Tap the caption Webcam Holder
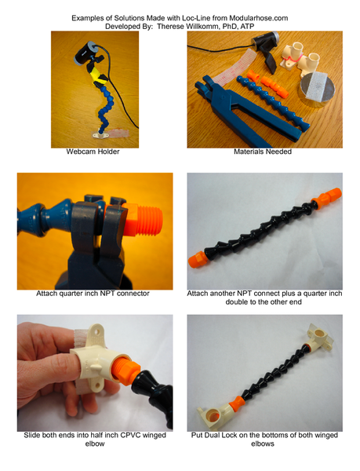pyautogui.click(x=93, y=152)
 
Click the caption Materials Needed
pyautogui.click(x=263, y=152)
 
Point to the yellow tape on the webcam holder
pyautogui.click(x=99, y=75)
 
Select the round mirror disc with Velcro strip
pyautogui.click(x=318, y=89)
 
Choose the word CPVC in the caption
pyautogui.click(x=130, y=435)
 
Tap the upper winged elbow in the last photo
pyautogui.click(x=320, y=339)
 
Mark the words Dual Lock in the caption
pyautogui.click(x=220, y=435)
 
